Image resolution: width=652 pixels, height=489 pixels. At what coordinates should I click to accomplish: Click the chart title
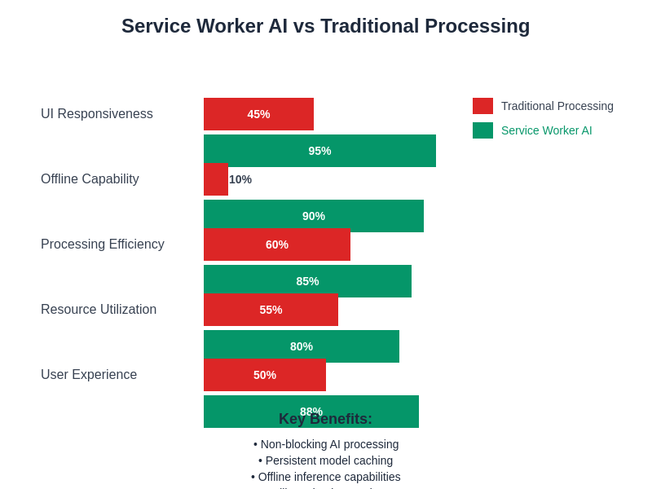pos(325,26)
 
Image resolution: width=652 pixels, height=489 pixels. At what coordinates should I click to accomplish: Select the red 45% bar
pos(258,114)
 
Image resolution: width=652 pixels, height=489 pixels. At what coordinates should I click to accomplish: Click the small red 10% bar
pos(215,180)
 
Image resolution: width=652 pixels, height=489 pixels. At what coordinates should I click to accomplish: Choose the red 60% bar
pos(277,245)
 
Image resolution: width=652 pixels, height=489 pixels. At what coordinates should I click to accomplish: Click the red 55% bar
pos(271,311)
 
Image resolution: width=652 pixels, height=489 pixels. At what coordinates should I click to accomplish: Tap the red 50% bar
pos(265,376)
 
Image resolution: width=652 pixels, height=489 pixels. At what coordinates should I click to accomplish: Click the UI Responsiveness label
pos(97,114)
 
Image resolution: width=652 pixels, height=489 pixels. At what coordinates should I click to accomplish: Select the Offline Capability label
pos(90,179)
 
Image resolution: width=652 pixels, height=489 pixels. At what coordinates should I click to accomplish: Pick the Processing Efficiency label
pos(103,244)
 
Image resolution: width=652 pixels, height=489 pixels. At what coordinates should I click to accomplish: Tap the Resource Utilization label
pos(99,310)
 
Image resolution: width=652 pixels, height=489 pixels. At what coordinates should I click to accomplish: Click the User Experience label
pos(89,375)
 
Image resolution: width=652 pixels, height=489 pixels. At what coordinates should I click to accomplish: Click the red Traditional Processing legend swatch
pos(482,106)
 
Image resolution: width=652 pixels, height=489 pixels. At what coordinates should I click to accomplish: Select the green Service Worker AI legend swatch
pos(482,130)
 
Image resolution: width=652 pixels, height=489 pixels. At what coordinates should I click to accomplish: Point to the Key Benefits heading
pos(325,420)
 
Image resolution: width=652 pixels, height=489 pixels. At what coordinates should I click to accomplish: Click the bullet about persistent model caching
pos(326,460)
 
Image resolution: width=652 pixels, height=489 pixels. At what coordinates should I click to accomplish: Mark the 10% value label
pos(240,179)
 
